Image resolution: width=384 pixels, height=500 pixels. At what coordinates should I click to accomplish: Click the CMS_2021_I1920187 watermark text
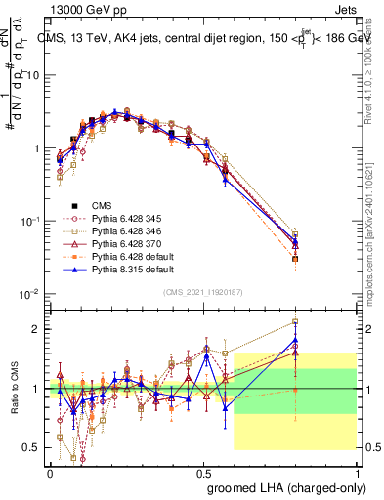(x=203, y=294)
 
